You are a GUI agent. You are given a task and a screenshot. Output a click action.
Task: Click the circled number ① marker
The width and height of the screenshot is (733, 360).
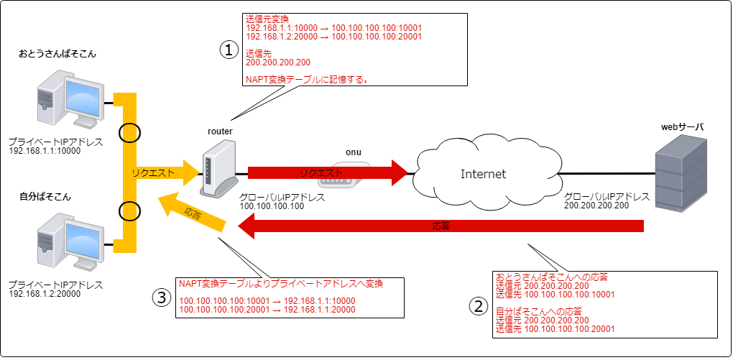pos(228,50)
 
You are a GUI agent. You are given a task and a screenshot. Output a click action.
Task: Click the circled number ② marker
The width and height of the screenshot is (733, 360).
pos(479,306)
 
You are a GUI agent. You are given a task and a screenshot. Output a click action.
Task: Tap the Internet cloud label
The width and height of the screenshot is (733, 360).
pos(483,174)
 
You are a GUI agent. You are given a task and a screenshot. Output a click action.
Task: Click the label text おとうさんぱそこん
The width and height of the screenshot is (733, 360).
pos(58,54)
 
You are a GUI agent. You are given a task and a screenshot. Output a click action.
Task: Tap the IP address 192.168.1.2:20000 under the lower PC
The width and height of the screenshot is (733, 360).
pos(45,294)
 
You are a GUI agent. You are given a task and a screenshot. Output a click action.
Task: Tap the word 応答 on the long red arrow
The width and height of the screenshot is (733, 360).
pos(441,226)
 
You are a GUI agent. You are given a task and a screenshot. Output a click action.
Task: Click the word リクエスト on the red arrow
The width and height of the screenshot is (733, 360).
pos(322,173)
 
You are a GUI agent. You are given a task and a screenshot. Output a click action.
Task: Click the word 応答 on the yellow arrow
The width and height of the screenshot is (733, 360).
pos(192,213)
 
